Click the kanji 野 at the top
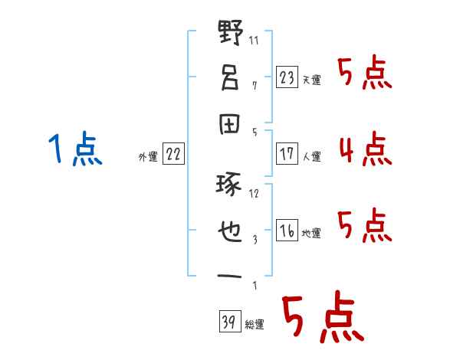point(231,32)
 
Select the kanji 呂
point(230,77)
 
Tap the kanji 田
point(230,124)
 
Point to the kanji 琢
point(228,185)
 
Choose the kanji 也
point(230,231)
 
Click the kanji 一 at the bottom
point(229,277)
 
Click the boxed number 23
point(287,77)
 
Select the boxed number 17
point(287,154)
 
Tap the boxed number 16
point(287,230)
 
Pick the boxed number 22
point(173,153)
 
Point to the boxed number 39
point(230,321)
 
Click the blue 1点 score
point(75,148)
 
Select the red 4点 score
point(366,149)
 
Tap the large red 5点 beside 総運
point(324,316)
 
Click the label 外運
point(148,157)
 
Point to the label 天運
point(312,80)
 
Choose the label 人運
point(312,156)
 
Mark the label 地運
point(311,234)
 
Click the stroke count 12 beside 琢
point(254,194)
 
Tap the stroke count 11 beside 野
point(254,40)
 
